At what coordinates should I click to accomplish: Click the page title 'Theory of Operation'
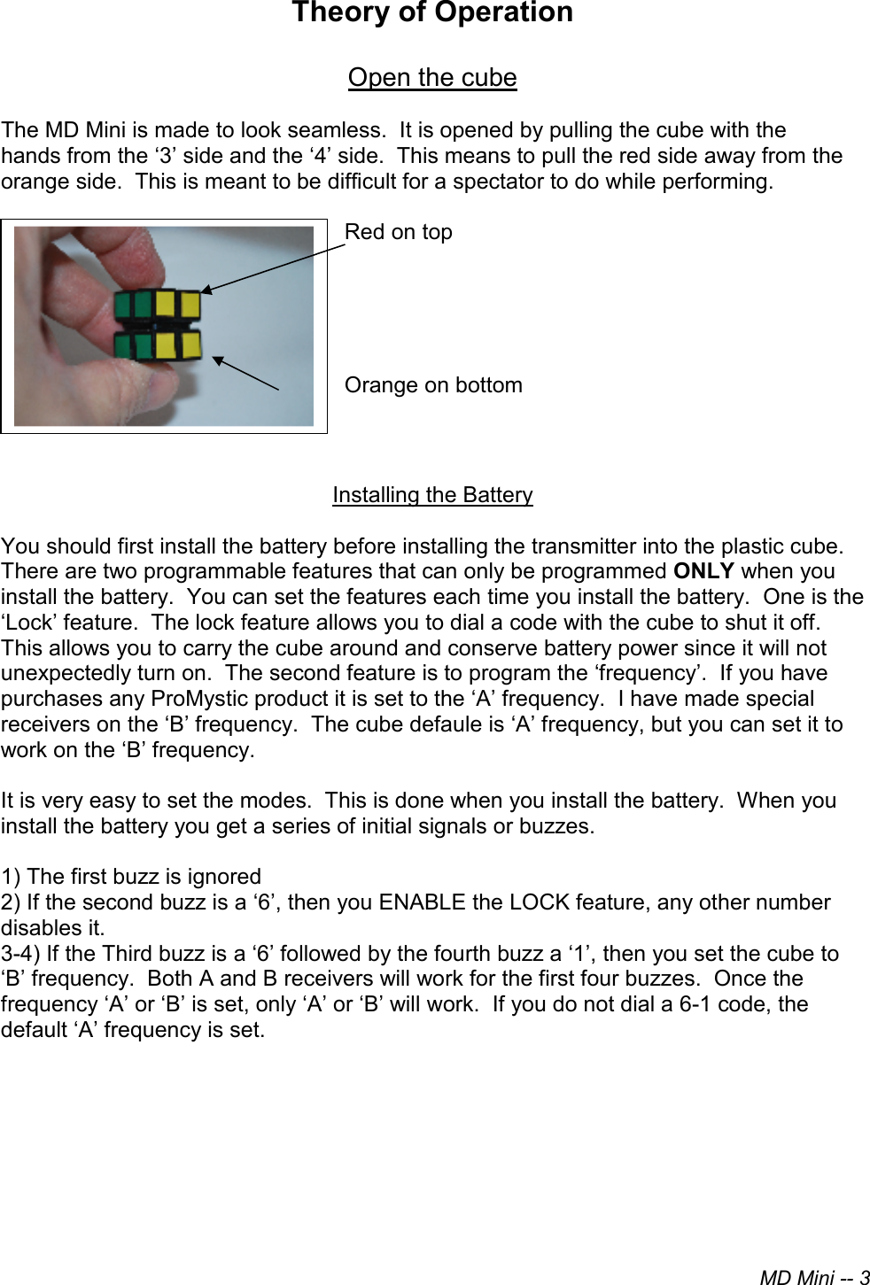click(x=432, y=13)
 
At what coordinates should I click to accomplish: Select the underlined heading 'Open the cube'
click(x=432, y=78)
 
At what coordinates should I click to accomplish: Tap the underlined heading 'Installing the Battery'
click(x=432, y=495)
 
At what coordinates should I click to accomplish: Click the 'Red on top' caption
click(x=398, y=232)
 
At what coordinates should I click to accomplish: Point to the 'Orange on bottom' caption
click(x=433, y=385)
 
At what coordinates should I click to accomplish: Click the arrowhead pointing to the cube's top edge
click(x=206, y=289)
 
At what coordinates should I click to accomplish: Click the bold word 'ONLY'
click(x=703, y=571)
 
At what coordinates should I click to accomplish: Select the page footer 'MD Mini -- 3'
click(x=814, y=1277)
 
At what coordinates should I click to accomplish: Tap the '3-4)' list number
click(x=20, y=954)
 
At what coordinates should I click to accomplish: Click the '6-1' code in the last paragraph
click(x=699, y=1004)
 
